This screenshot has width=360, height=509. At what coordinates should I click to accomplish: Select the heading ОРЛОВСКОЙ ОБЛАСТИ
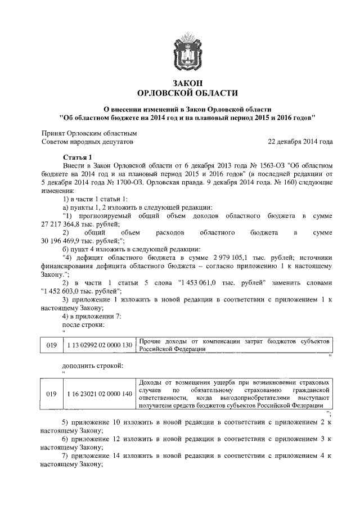[187, 93]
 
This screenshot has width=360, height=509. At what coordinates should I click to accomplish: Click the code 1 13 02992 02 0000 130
[99, 344]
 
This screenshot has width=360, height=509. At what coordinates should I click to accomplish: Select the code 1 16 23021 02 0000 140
[99, 394]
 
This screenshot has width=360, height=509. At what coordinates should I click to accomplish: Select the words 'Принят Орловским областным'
[89, 134]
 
